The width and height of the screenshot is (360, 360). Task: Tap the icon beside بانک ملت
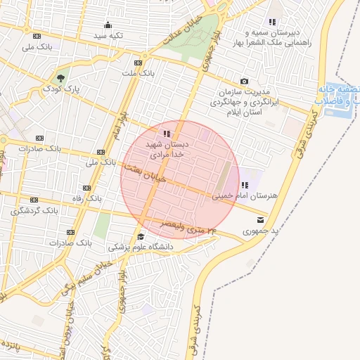point(146,56)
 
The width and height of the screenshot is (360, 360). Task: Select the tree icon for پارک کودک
point(61,77)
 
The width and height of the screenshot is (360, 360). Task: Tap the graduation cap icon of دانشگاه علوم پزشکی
point(141,236)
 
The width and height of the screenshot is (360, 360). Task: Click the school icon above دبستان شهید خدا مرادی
point(167,133)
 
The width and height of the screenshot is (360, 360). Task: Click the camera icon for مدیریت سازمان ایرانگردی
point(245,82)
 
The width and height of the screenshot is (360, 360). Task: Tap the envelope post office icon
point(262,220)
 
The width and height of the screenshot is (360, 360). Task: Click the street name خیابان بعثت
point(145,174)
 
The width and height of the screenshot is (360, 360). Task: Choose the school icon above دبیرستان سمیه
point(272,22)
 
